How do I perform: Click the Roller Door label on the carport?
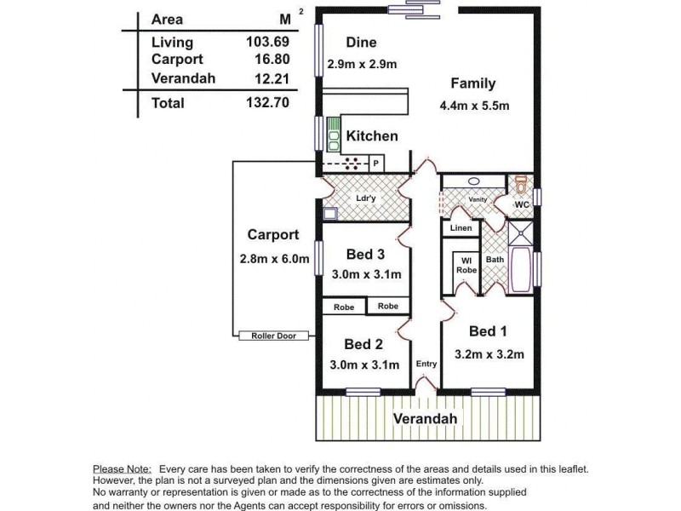tap(273, 336)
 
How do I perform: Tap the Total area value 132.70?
tap(268, 103)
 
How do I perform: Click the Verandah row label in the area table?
tap(183, 78)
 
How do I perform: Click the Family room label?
tap(472, 83)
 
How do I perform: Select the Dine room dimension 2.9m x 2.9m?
tap(363, 64)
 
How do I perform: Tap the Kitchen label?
tap(372, 136)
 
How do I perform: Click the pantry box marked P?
tap(375, 162)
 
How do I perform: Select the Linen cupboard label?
tap(461, 228)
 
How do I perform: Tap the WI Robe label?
tap(466, 265)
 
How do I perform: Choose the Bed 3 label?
tap(366, 254)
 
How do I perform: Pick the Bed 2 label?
tap(363, 344)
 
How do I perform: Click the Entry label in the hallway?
tap(426, 364)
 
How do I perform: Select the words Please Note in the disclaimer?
tap(122, 468)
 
